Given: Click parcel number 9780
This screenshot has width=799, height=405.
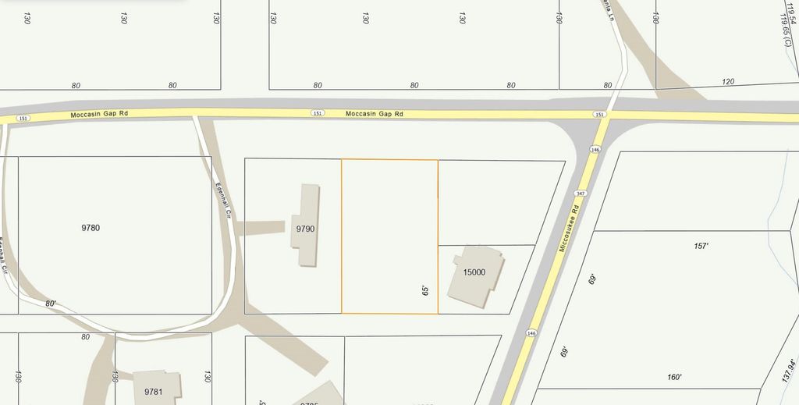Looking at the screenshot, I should point(91,228).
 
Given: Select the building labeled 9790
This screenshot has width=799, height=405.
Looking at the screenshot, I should point(304,229).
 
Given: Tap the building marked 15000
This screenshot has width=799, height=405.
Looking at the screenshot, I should point(474,272).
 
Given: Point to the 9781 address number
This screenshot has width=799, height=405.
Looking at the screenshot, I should point(153,391).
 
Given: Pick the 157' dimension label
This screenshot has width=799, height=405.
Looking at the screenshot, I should point(701,246).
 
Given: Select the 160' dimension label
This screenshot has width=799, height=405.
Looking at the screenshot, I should point(675,378).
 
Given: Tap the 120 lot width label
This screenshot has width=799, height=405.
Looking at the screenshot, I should point(729,82).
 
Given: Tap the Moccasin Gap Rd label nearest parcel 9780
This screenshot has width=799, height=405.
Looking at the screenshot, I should point(99,114).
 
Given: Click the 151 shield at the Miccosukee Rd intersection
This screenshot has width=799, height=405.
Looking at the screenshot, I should point(599,115).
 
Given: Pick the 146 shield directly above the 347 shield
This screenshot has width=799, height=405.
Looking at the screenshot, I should point(595,149).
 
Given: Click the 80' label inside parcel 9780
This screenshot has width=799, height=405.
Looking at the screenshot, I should point(51,304).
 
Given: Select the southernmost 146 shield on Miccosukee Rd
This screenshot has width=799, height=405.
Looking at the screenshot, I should point(532,332).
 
